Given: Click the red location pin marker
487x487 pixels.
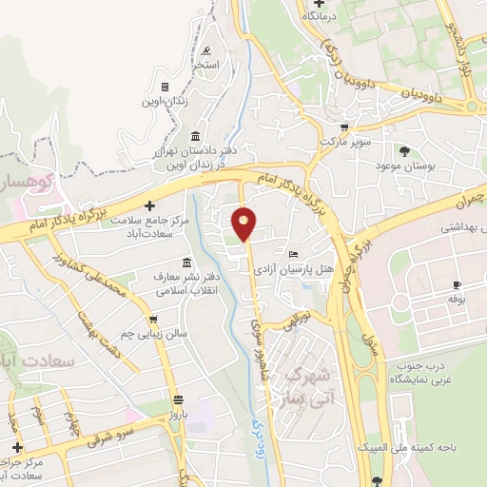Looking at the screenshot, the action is point(244,224).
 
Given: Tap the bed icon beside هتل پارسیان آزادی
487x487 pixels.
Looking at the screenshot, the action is point(292,254).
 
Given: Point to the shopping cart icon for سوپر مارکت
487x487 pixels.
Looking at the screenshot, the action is point(344,127).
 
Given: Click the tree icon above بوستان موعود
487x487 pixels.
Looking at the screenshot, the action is point(405,150).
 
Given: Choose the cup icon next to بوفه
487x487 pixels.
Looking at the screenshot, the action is point(457,284).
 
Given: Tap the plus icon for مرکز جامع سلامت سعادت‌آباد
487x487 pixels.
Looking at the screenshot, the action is point(148,205).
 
